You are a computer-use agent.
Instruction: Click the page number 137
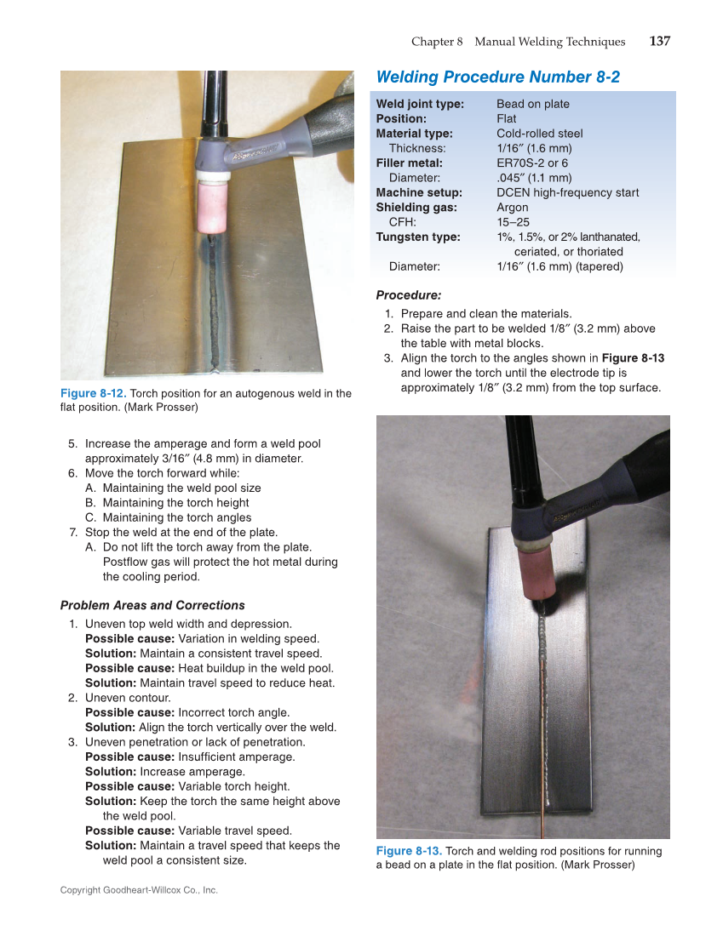(x=659, y=42)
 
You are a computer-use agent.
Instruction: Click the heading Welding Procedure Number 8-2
(x=497, y=77)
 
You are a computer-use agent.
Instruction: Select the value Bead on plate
(x=533, y=104)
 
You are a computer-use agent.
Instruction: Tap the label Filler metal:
(x=410, y=163)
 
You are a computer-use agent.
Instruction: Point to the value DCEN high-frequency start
(x=567, y=192)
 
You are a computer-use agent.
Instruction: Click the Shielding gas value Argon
(x=513, y=208)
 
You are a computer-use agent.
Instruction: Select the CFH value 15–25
(x=513, y=222)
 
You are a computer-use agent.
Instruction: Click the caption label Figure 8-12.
(x=93, y=393)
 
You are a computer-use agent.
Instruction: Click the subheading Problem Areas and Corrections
(x=152, y=606)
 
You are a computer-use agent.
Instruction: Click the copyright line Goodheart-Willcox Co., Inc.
(x=139, y=890)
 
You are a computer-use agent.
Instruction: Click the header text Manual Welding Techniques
(x=549, y=42)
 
